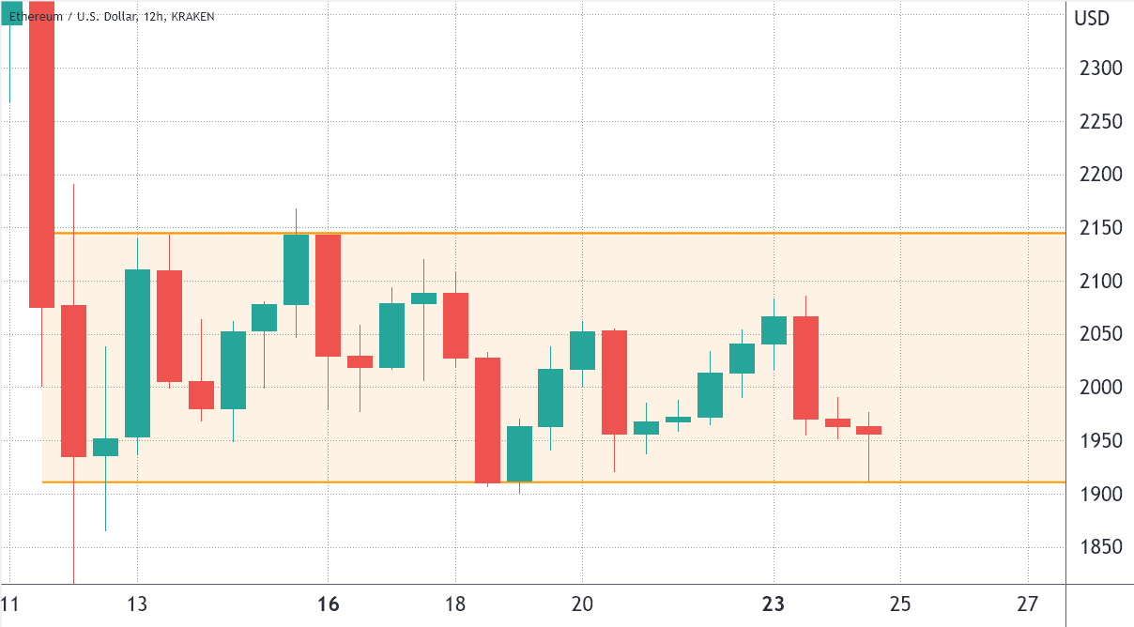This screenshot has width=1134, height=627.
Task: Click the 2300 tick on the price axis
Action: (x=1094, y=69)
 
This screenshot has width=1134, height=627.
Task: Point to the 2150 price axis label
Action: (x=1094, y=228)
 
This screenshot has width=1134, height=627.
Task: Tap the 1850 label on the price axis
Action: (x=1094, y=547)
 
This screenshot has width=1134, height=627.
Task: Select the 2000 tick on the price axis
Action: (x=1094, y=388)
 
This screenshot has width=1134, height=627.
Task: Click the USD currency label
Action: (x=1093, y=18)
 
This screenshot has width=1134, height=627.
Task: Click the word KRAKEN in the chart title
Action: (x=192, y=17)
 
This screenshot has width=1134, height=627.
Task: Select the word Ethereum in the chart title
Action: (x=37, y=17)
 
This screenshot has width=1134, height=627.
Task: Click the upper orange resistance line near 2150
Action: (x=657, y=233)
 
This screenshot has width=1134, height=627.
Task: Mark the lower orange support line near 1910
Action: (x=657, y=482)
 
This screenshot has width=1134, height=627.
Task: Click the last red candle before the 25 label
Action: (x=869, y=430)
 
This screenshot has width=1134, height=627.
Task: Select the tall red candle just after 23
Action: (x=805, y=367)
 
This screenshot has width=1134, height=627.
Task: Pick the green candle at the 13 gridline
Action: (x=137, y=353)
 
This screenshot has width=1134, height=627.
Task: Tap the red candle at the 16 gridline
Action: (x=328, y=295)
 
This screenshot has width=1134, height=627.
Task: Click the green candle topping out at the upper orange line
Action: (x=296, y=269)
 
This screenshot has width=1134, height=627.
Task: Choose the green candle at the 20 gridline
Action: (x=582, y=350)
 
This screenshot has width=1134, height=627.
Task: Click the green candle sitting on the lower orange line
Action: (x=519, y=453)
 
